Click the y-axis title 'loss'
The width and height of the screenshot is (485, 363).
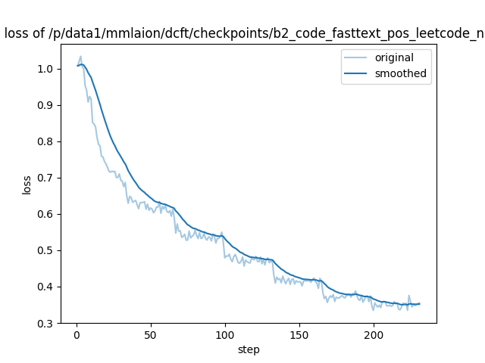27,185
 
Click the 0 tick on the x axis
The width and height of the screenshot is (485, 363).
77,335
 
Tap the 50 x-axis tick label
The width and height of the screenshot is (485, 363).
151,335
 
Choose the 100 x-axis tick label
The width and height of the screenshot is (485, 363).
225,335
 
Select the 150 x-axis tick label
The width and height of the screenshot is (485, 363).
299,335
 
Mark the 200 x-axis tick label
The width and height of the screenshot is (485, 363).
374,335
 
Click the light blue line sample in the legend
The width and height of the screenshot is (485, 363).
358,58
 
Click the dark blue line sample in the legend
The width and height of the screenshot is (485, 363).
358,73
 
